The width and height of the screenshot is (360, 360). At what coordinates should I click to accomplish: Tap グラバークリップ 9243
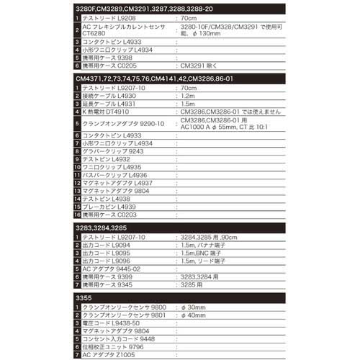109,152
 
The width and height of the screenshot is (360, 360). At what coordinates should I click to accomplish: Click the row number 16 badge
78,215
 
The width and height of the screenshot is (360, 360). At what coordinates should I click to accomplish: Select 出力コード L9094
108,244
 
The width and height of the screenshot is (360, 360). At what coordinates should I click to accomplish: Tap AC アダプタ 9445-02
111,269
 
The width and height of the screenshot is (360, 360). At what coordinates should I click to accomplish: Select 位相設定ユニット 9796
114,346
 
